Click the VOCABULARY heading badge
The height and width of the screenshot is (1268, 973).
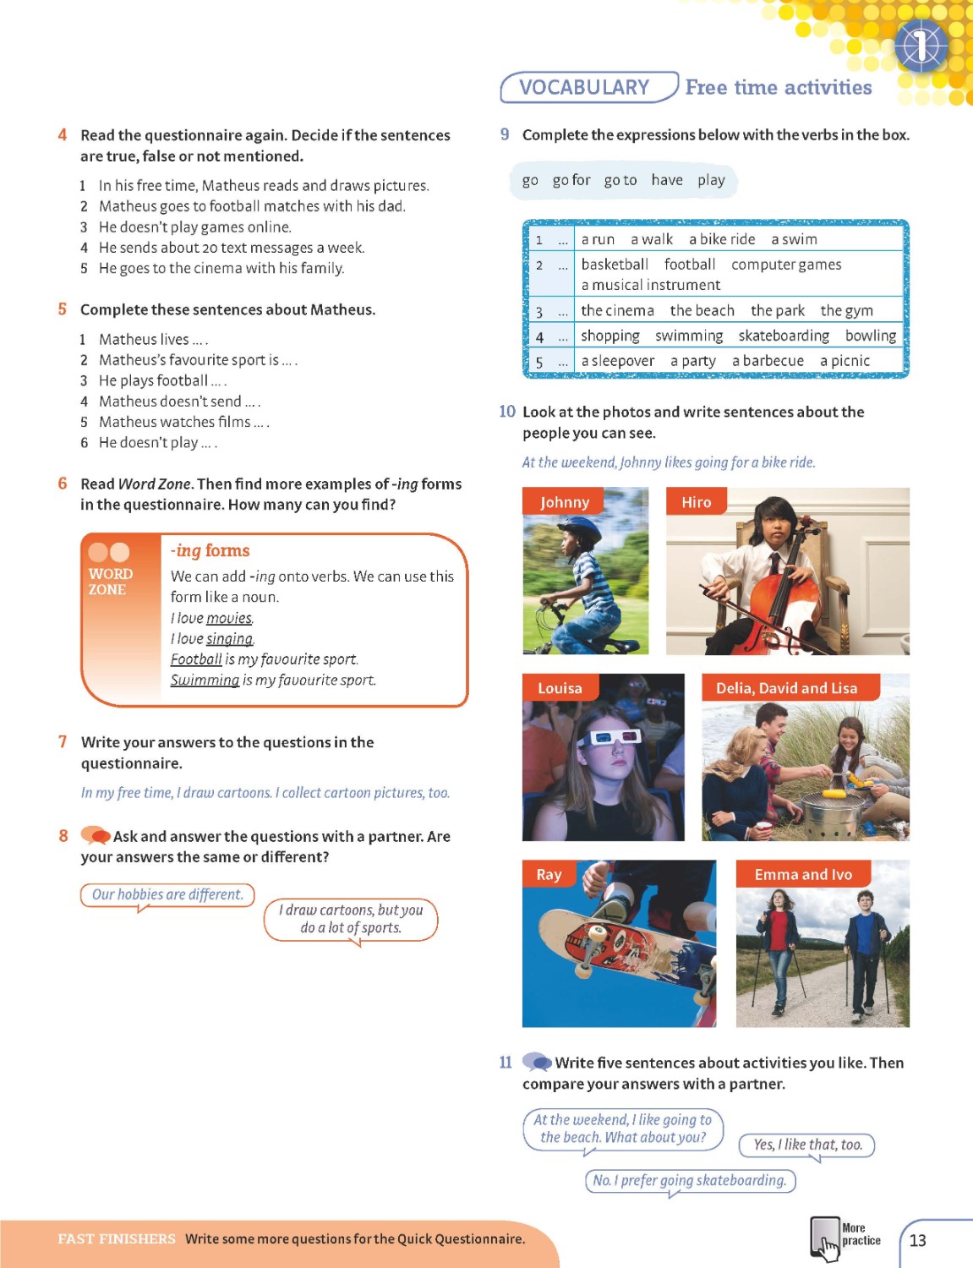click(585, 88)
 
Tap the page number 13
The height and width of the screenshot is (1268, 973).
click(917, 1240)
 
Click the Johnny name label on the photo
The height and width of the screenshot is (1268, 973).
click(564, 502)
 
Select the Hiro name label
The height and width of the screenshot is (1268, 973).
click(696, 502)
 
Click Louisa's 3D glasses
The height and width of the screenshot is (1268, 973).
click(608, 738)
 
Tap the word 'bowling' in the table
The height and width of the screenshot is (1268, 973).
click(870, 336)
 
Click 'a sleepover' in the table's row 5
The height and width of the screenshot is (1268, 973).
click(617, 361)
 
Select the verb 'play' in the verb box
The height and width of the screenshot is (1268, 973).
click(711, 180)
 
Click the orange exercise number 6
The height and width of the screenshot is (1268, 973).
click(63, 484)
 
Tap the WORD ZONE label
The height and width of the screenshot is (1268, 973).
click(110, 581)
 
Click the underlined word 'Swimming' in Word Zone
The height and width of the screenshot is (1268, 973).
click(205, 680)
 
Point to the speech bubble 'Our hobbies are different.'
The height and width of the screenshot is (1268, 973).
click(167, 894)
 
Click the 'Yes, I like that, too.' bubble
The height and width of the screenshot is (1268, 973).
click(807, 1145)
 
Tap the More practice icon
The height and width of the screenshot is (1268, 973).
click(824, 1239)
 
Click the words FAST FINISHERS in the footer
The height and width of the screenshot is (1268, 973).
click(117, 1238)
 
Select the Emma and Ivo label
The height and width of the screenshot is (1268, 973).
click(802, 875)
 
